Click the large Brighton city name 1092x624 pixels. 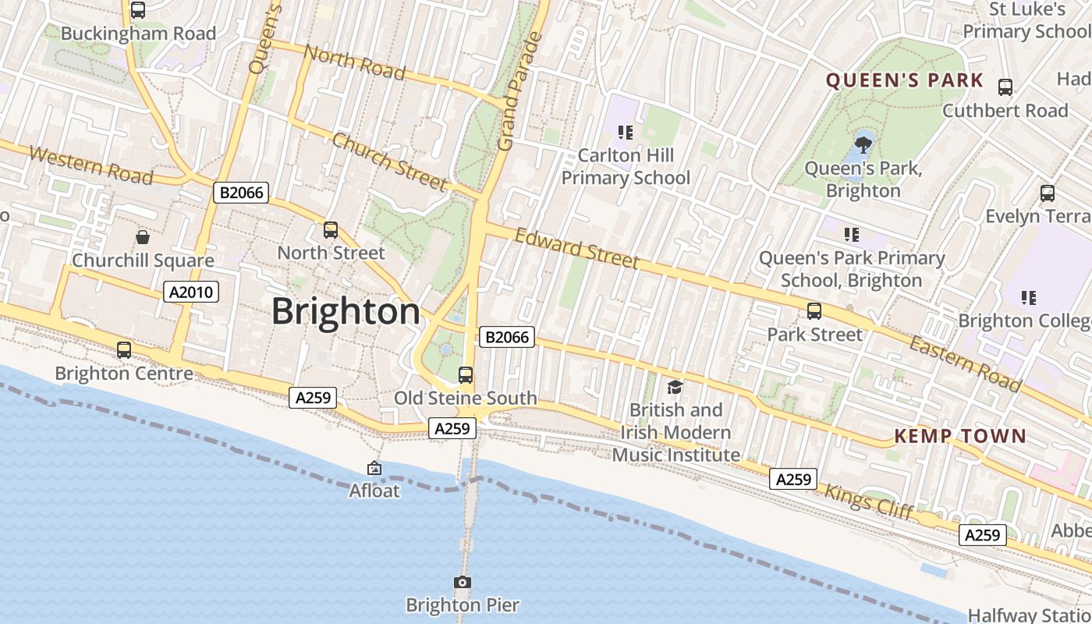(346, 311)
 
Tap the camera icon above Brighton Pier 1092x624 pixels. (463, 582)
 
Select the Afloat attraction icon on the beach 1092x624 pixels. (374, 468)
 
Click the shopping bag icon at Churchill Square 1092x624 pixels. (143, 236)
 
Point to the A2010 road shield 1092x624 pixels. (191, 292)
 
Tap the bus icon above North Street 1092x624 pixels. (331, 230)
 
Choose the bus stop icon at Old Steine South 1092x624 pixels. (466, 375)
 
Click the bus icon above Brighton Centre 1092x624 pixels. (124, 350)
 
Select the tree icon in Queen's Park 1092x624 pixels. (863, 144)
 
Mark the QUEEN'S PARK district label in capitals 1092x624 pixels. (905, 80)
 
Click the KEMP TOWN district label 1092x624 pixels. (960, 436)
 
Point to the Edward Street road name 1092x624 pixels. (576, 248)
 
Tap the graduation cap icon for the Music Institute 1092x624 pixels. (675, 387)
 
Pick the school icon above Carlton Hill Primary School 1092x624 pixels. (625, 133)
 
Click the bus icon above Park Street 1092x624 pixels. (814, 311)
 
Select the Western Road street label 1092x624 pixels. (90, 165)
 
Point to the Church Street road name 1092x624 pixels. (389, 161)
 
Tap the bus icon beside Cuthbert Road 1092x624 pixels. (1005, 87)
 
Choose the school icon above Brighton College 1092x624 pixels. (1029, 297)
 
